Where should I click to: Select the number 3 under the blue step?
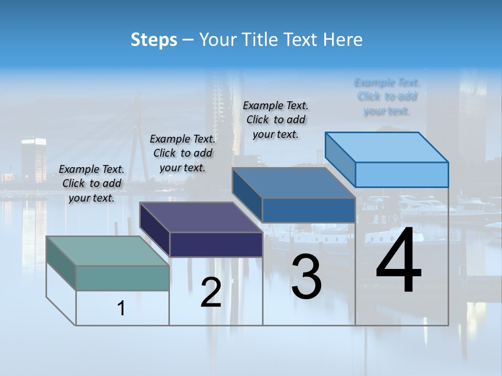(x=306, y=277)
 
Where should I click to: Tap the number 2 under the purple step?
(x=211, y=292)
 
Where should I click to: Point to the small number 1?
(x=121, y=309)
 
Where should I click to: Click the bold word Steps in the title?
(x=154, y=40)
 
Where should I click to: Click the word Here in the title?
(x=343, y=40)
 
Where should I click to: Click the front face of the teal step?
(x=122, y=278)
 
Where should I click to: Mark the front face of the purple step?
(x=216, y=244)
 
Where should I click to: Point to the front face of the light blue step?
(x=402, y=174)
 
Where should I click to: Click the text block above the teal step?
(x=92, y=183)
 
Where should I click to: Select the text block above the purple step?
(x=182, y=153)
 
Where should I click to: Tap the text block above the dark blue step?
(x=276, y=120)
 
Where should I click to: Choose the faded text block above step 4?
(x=387, y=97)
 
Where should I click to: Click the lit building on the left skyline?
(x=33, y=159)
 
